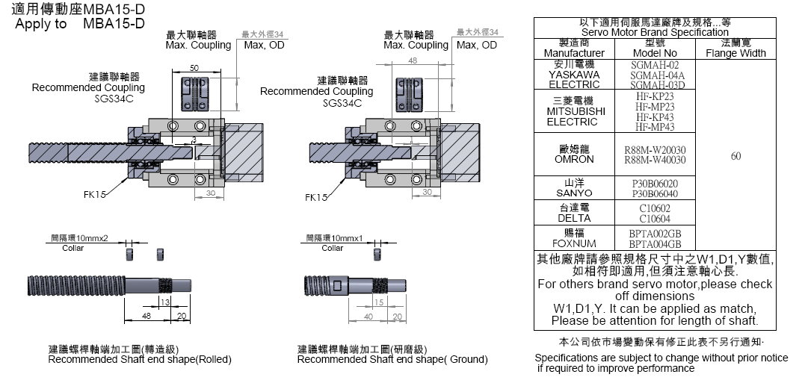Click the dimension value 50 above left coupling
(194, 68)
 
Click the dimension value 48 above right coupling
(413, 60)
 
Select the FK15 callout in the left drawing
(95, 196)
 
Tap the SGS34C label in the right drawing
(342, 103)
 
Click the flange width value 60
(735, 156)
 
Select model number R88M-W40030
(655, 160)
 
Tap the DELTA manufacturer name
(574, 218)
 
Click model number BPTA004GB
(655, 243)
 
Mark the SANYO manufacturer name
(574, 193)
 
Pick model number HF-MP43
(655, 127)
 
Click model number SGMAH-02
(655, 65)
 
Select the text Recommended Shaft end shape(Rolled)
(140, 359)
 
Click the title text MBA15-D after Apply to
(113, 23)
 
